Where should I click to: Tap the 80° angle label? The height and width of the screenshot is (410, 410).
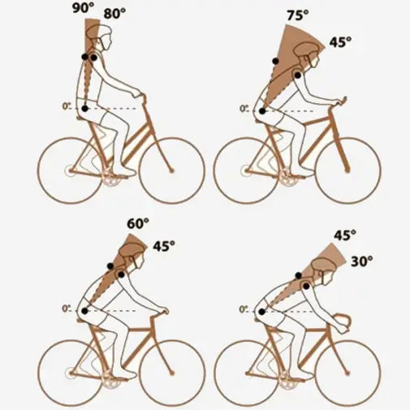click(114, 14)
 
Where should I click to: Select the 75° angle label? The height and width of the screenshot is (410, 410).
click(298, 15)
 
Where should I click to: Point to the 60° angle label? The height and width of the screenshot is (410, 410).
click(138, 223)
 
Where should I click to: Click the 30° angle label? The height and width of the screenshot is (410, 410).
click(362, 261)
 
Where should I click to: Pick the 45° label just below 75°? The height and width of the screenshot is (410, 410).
click(340, 42)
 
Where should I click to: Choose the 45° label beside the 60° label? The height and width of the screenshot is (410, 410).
click(164, 246)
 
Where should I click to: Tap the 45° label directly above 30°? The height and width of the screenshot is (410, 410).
click(344, 235)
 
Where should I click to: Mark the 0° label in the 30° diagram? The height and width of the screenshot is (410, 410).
click(244, 309)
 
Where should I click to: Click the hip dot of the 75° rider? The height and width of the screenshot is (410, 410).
click(261, 111)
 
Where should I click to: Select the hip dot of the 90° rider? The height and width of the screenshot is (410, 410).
click(85, 109)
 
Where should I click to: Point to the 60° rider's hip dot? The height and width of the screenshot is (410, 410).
click(85, 311)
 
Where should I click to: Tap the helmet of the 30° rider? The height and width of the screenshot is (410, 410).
click(323, 264)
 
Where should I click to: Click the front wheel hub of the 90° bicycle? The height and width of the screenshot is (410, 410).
click(171, 170)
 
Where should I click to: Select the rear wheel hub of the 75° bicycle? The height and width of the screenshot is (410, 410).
click(246, 170)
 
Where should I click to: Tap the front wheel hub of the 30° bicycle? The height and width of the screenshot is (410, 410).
click(347, 373)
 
